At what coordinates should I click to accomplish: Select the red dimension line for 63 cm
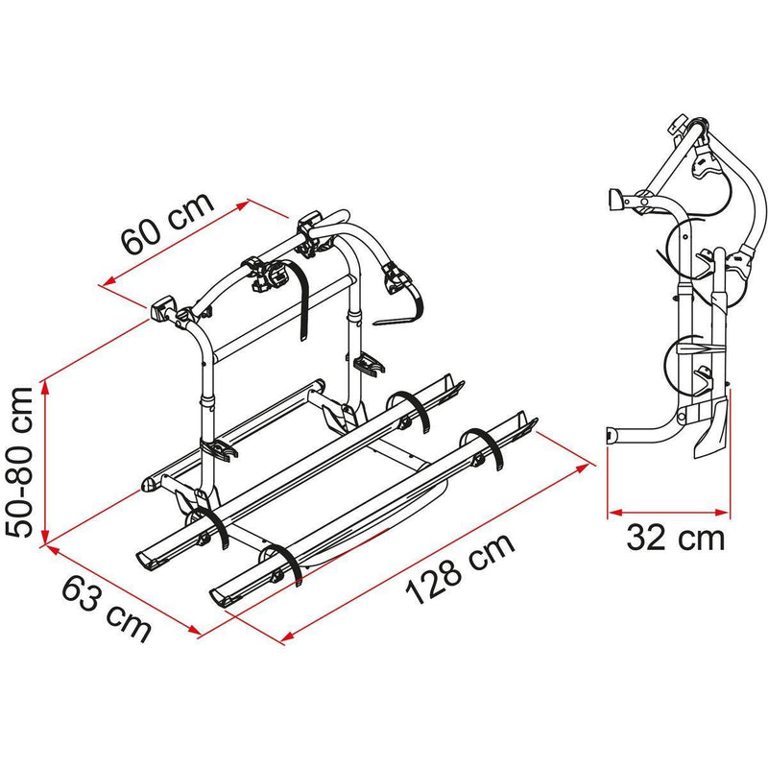click(120, 589)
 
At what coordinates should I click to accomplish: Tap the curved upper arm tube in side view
click(749, 192)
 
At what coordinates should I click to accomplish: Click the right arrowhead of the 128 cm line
click(585, 464)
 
